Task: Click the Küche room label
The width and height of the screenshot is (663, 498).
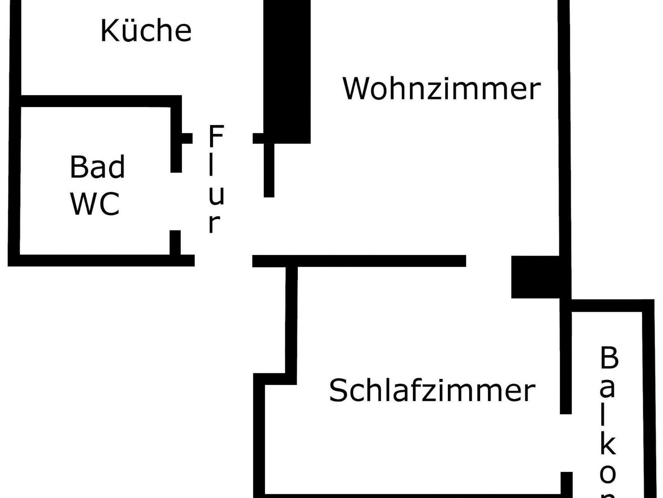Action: tap(146, 31)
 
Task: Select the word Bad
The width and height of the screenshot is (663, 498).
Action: tap(97, 167)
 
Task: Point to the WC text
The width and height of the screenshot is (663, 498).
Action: tap(95, 204)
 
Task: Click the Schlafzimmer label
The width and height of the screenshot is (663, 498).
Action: tap(432, 390)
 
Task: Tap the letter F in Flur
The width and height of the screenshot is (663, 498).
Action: tap(216, 136)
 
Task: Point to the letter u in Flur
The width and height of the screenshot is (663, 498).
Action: tap(216, 196)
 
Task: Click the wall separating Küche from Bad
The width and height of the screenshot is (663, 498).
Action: tap(97, 101)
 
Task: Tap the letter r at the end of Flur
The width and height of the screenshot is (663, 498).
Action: tap(214, 224)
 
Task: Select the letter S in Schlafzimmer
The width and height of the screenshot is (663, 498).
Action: tap(338, 390)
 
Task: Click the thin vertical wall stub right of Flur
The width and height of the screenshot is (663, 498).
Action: tap(269, 170)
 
